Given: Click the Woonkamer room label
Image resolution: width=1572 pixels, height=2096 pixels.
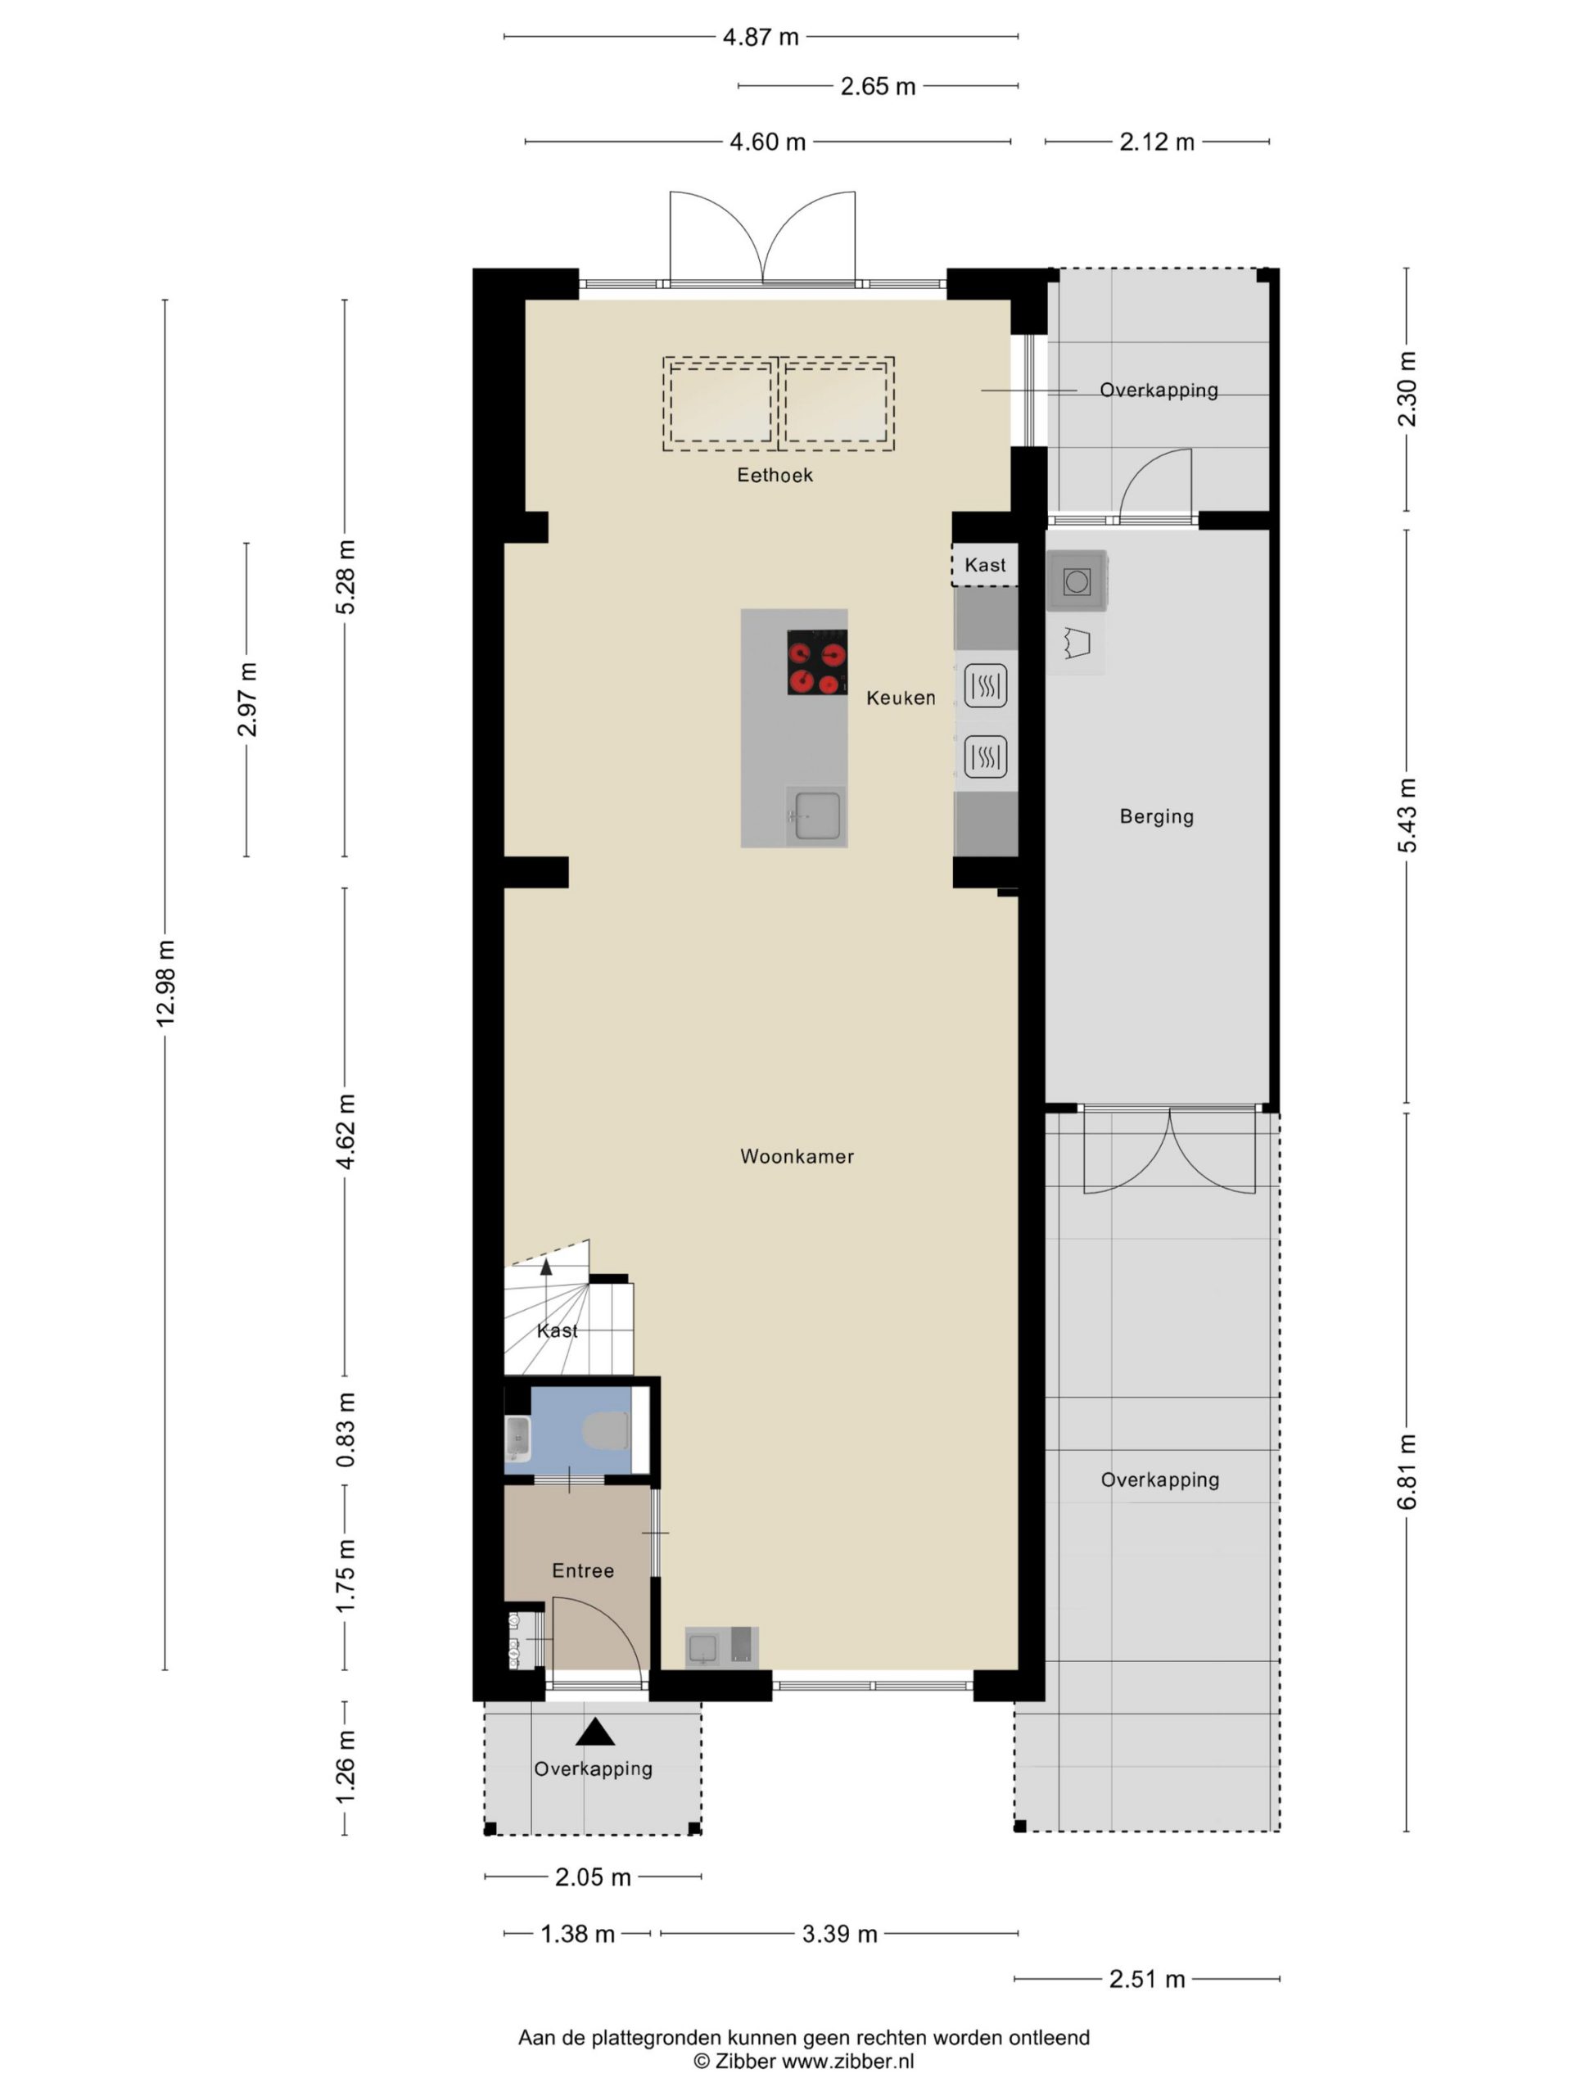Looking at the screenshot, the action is click(x=797, y=1156).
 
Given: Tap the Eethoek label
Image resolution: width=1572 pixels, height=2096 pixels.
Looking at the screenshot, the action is click(x=775, y=475).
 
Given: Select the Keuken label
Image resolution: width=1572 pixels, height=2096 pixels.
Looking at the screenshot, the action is click(x=900, y=698).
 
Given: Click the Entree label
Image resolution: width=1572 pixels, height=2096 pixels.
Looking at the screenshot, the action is click(x=583, y=1570).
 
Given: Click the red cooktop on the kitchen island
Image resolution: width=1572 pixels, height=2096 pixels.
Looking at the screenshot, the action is click(x=817, y=662).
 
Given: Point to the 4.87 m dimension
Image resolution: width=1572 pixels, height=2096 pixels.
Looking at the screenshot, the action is click(x=761, y=37).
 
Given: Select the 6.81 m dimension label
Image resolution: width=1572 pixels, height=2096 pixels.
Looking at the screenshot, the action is click(x=1407, y=1471).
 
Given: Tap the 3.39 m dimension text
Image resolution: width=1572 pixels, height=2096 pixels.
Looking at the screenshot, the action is click(x=839, y=1933).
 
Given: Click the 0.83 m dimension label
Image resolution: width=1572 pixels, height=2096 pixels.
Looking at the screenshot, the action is click(x=346, y=1430).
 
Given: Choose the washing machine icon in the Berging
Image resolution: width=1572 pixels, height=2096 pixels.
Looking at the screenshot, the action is click(x=1077, y=580).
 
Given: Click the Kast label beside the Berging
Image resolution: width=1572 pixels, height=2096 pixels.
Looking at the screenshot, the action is click(x=986, y=565).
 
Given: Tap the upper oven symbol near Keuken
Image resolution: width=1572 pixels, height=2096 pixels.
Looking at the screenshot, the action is click(x=986, y=685).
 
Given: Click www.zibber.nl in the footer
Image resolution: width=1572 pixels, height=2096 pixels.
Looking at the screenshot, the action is click(x=847, y=2061).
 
